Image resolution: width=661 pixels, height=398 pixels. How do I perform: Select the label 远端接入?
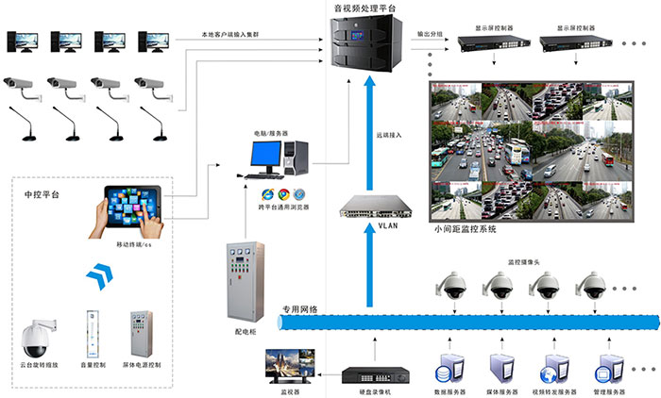pyautogui.click(x=388, y=135)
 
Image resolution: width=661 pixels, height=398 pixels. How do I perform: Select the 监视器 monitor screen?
pyautogui.click(x=288, y=364)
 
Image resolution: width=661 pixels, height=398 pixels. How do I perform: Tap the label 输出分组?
pyautogui.click(x=432, y=34)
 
